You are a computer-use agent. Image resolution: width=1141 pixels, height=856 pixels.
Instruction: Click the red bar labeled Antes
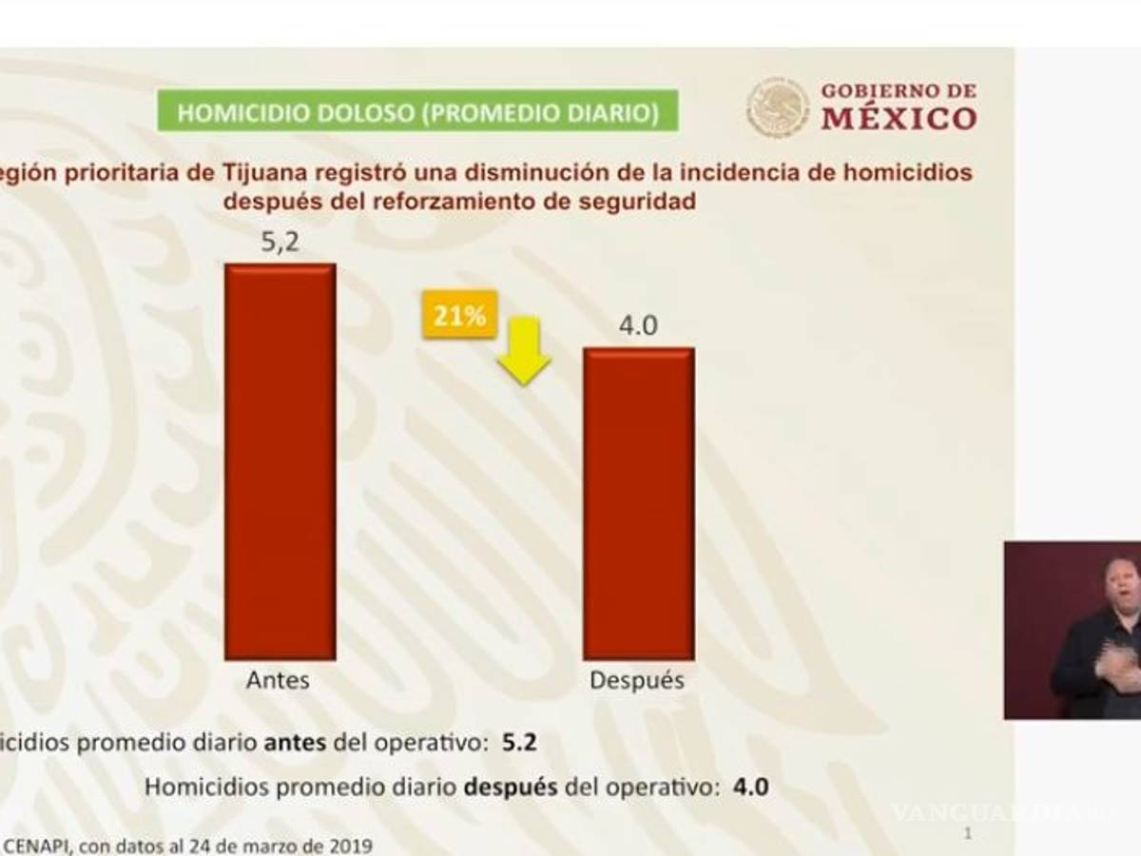280,461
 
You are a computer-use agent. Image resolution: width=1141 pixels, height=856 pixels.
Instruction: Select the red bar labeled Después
638,503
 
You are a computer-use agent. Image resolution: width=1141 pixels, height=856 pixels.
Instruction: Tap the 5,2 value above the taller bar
280,243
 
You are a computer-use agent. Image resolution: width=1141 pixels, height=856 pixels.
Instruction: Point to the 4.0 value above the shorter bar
638,326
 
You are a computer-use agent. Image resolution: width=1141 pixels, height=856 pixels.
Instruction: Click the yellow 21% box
460,316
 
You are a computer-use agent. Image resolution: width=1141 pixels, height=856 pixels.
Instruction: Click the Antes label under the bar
279,681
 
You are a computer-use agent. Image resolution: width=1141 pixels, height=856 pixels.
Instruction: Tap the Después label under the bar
637,681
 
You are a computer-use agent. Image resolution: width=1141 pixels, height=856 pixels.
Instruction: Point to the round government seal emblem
778,107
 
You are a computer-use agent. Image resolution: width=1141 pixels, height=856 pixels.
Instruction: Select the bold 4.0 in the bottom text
750,788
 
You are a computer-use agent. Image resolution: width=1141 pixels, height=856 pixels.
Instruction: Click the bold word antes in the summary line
294,743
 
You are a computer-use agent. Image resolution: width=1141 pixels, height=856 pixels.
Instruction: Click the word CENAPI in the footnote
39,845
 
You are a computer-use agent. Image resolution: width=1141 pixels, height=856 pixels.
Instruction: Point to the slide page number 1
968,834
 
